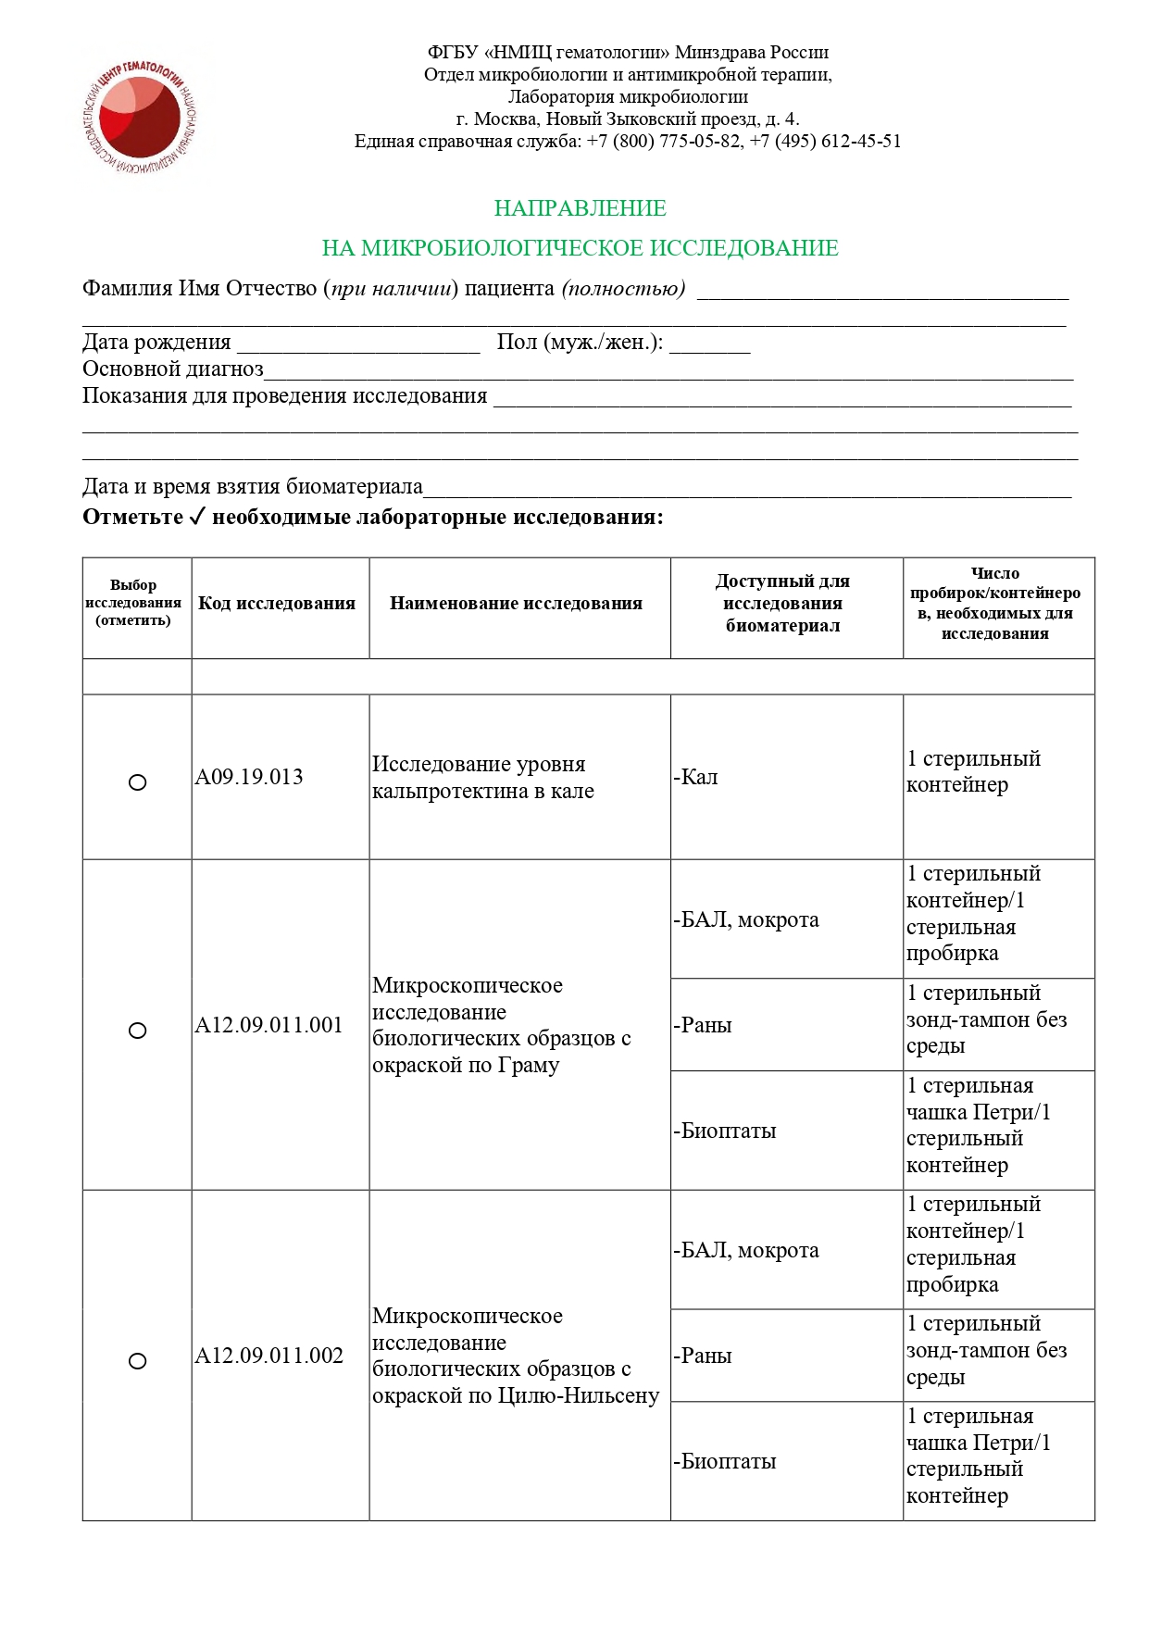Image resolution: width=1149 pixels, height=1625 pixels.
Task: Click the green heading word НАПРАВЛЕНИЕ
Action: (x=580, y=208)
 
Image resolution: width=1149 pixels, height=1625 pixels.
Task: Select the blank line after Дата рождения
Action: (x=358, y=344)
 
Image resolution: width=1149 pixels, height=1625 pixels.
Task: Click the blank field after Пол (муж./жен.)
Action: (x=709, y=344)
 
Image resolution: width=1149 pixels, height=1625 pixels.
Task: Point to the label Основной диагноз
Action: (x=173, y=369)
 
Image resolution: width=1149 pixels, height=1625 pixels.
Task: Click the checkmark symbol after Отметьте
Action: (x=196, y=517)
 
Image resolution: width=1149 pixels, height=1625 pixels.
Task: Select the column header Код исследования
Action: (x=277, y=604)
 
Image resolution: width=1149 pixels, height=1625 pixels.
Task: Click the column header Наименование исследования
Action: (x=516, y=604)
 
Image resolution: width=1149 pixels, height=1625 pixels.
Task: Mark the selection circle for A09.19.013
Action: (x=137, y=782)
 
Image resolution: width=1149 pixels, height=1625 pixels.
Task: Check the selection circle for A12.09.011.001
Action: (x=137, y=1031)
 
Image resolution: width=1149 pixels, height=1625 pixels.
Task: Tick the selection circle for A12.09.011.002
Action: (x=137, y=1361)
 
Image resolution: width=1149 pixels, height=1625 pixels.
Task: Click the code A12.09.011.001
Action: (x=269, y=1026)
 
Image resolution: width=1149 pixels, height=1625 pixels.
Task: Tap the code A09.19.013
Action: (x=249, y=778)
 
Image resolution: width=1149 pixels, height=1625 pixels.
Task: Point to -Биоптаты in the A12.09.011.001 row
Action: (x=725, y=1131)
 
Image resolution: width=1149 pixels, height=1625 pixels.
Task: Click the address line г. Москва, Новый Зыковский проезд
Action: (x=628, y=119)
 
